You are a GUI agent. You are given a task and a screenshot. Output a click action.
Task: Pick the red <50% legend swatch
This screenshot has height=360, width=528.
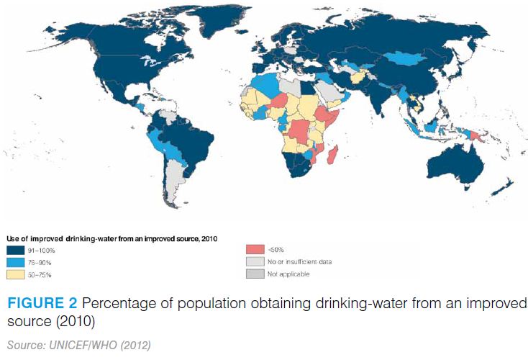click(253, 249)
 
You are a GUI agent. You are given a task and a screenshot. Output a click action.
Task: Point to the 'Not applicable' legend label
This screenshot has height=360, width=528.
click(287, 274)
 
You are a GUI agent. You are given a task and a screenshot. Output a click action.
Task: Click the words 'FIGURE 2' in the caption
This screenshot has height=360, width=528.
click(40, 302)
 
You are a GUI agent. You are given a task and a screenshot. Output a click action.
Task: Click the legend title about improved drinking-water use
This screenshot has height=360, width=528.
click(111, 237)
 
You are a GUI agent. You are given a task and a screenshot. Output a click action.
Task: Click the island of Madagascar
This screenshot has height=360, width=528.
click(332, 153)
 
